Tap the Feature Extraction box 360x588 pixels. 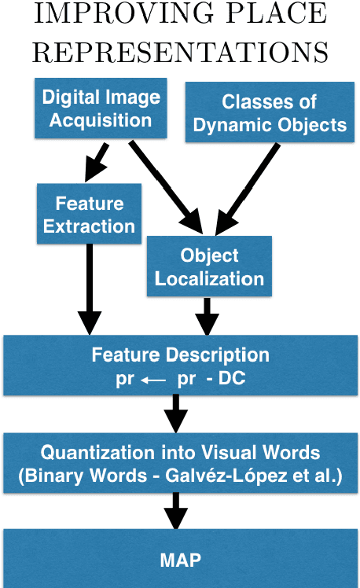[x=89, y=215]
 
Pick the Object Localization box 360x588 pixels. [x=209, y=268]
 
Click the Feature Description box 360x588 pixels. [x=180, y=365]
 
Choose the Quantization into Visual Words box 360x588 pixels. [x=180, y=464]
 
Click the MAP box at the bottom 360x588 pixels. [x=180, y=560]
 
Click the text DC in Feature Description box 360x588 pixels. [x=233, y=378]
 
